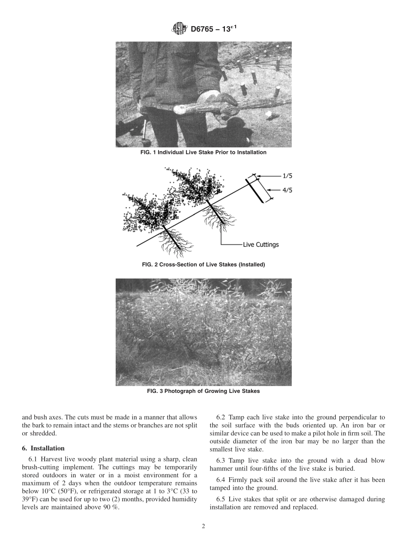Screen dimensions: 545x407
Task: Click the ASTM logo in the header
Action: click(180, 29)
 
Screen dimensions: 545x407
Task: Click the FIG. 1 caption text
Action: click(203, 153)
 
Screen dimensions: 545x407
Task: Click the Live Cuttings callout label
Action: click(260, 245)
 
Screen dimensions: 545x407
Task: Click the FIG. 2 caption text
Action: click(203, 265)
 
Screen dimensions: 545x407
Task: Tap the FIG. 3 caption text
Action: click(203, 391)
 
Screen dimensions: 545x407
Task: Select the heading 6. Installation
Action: click(43, 448)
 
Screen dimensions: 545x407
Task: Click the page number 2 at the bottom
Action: click(203, 527)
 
